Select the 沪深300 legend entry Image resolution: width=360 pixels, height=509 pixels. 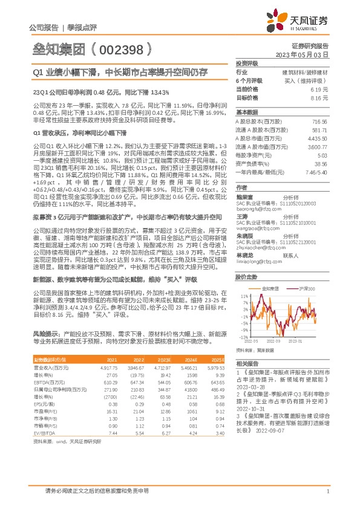pyautogui.click(x=308, y=290)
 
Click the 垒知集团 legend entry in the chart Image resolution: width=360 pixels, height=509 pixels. pyautogui.click(x=271, y=290)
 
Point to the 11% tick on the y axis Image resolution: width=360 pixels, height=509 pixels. pyautogui.click(x=243, y=296)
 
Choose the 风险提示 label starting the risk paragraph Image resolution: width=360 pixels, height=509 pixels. pyautogui.click(x=42, y=334)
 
